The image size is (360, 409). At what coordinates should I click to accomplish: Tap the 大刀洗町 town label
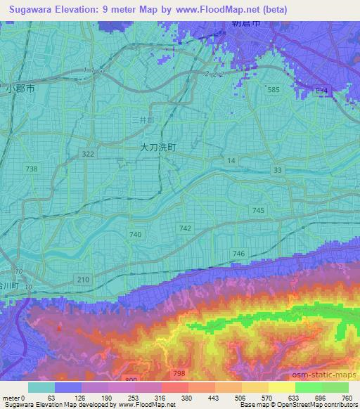[157, 148]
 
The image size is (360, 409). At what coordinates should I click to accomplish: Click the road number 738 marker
[32, 169]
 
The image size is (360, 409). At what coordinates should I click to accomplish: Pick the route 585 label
[274, 90]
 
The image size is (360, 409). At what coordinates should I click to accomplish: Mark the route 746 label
[238, 254]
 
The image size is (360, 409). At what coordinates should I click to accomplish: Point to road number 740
[136, 234]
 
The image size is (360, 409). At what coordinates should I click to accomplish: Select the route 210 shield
[84, 280]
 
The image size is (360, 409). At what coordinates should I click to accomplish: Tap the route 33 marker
[278, 170]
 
